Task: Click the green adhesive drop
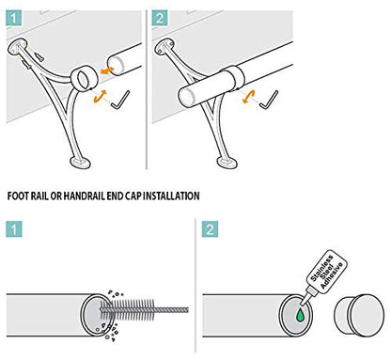301,316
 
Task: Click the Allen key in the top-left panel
120,101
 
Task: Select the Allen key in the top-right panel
269,101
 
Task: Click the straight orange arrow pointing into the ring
107,70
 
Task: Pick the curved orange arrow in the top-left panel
101,96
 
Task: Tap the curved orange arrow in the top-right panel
249,97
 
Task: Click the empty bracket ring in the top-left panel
84,78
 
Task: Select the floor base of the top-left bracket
80,163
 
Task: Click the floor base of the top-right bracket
227,163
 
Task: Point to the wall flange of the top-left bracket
18,46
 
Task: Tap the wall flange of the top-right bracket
164,46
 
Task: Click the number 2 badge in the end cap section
210,229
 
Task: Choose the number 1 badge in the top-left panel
14,18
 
